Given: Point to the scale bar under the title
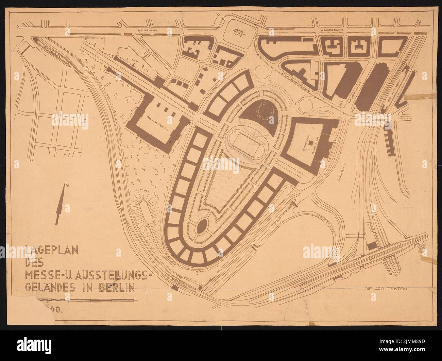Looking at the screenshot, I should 87,299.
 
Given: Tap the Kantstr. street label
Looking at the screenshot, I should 400,119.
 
